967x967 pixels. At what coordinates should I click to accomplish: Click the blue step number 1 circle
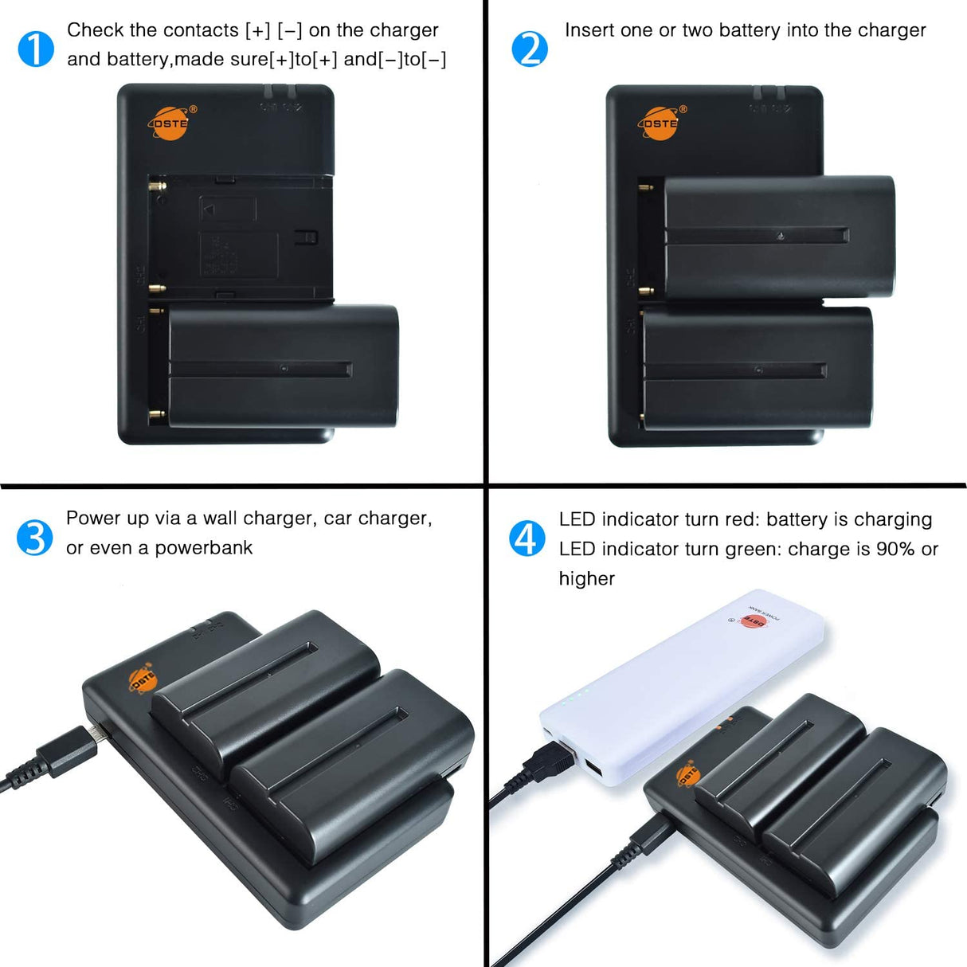point(36,49)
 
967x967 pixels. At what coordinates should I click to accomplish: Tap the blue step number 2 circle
point(530,49)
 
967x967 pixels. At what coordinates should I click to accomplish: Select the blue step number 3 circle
point(34,538)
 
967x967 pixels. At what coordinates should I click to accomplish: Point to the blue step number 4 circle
point(527,539)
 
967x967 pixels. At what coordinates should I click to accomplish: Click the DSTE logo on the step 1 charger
point(170,123)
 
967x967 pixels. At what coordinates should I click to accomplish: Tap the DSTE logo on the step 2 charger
point(660,123)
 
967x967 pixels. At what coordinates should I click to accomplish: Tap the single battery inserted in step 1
point(283,366)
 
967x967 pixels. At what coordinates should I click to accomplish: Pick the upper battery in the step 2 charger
point(778,237)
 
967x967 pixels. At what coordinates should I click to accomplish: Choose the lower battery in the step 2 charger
point(757,368)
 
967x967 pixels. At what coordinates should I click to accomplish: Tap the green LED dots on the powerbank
point(576,698)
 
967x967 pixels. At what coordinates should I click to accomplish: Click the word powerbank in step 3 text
point(203,548)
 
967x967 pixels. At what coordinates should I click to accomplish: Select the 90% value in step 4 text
point(895,549)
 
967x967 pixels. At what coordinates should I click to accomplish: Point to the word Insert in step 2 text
point(589,30)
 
